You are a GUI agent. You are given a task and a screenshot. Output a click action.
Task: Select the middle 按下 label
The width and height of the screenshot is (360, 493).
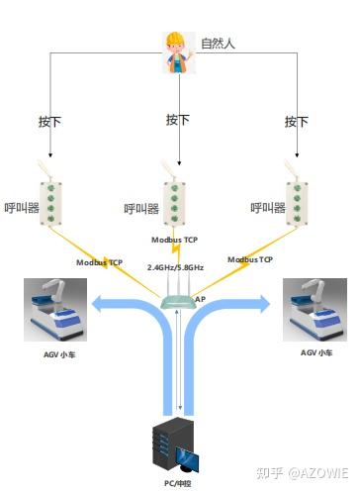point(178,120)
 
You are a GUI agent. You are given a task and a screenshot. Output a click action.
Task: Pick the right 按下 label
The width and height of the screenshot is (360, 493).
point(297,122)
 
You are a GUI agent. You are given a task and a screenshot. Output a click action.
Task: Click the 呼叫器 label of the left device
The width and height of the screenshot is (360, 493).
point(21,209)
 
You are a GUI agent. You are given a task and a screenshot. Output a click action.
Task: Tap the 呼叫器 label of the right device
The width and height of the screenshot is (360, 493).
point(267,208)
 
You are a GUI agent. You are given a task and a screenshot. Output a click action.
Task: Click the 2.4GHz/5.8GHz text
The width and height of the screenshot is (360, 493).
point(176,267)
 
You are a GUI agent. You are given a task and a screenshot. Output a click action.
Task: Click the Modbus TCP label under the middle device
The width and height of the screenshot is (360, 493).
point(175,240)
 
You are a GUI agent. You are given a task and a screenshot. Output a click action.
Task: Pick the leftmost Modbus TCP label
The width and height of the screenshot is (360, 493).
point(99,262)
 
